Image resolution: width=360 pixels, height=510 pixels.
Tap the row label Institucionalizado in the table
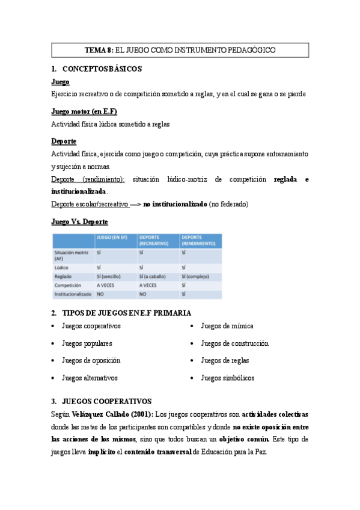pyautogui.click(x=73, y=295)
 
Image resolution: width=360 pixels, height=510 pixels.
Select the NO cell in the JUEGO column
pyautogui.click(x=101, y=295)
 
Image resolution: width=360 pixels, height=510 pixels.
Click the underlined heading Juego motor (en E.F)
pyautogui.click(x=84, y=111)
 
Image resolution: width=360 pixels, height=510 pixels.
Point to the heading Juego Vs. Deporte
pyautogui.click(x=79, y=222)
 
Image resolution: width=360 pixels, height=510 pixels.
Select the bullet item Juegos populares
pyautogui.click(x=87, y=343)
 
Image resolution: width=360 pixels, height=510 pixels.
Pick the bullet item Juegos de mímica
pyautogui.click(x=227, y=326)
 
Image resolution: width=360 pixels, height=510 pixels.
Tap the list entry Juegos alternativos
pyautogui.click(x=90, y=378)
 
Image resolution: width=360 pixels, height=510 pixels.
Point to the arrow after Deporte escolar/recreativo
pyautogui.click(x=135, y=204)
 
